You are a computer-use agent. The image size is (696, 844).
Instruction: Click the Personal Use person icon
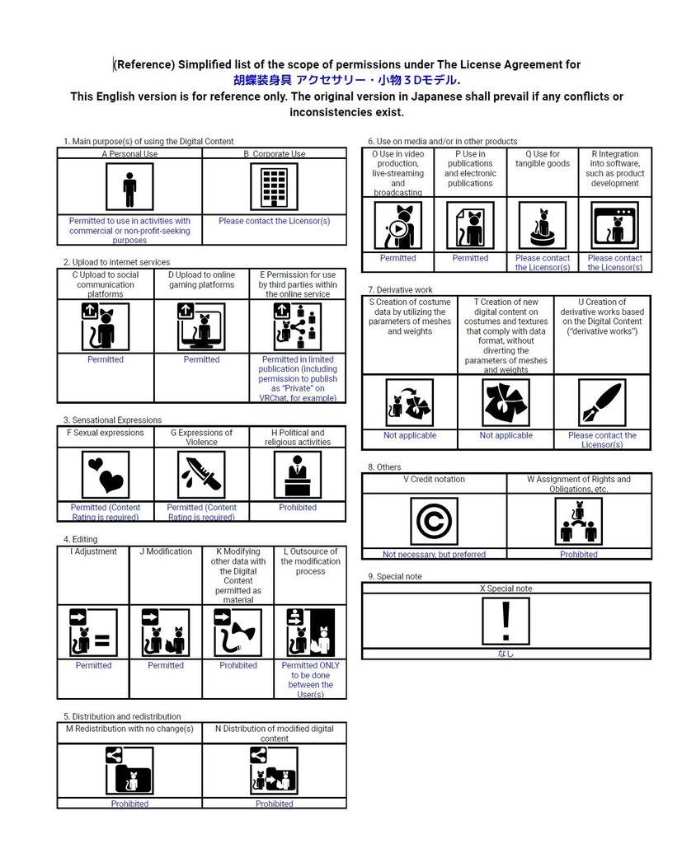[x=129, y=187]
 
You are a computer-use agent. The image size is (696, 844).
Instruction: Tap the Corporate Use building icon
[x=274, y=187]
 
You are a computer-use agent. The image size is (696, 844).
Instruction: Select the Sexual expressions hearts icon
[x=106, y=475]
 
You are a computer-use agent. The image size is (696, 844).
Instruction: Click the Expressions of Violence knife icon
[x=201, y=475]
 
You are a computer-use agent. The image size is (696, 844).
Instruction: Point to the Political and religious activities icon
[x=297, y=475]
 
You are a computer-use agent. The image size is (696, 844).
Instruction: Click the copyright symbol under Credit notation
[x=434, y=522]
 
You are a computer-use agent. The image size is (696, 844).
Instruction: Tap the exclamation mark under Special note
[x=506, y=621]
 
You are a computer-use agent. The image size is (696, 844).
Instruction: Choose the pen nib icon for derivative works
[x=601, y=402]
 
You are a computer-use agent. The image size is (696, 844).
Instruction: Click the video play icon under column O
[x=397, y=227]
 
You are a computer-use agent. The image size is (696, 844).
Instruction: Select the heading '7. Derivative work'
[x=400, y=290]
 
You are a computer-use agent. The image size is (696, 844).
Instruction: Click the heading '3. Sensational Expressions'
[x=112, y=420]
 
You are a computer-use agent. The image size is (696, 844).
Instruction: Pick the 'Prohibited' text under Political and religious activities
[x=297, y=508]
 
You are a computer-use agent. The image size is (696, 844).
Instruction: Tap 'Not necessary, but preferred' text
[x=434, y=555]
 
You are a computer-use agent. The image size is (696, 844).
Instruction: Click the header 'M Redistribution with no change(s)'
[x=129, y=729]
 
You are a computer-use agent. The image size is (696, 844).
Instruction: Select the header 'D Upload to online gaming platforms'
[x=201, y=279]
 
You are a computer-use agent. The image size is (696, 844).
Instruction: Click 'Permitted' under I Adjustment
[x=93, y=665]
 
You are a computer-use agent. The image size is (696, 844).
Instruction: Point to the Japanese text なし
[x=506, y=654]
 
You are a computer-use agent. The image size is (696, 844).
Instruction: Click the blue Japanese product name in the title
[x=346, y=80]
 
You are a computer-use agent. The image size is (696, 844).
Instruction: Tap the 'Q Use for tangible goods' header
[x=543, y=158]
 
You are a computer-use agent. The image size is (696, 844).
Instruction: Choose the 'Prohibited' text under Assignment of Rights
[x=578, y=555]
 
